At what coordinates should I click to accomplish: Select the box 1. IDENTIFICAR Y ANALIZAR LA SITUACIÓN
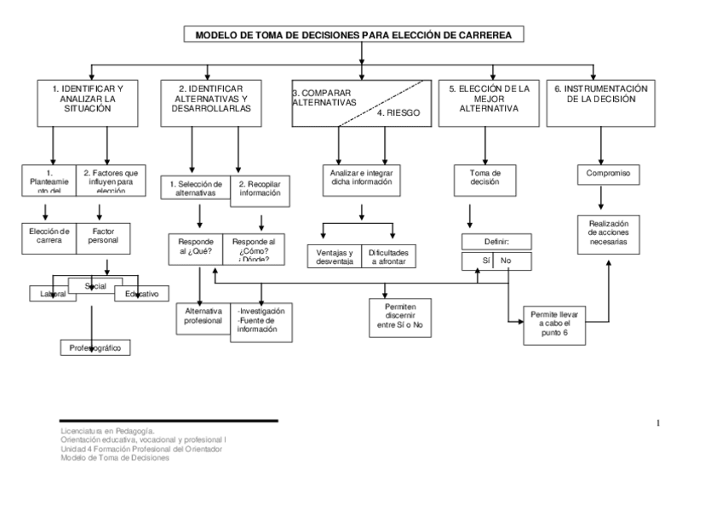(x=88, y=103)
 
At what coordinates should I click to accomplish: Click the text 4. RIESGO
(x=398, y=112)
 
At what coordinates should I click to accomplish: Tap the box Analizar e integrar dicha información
(x=362, y=178)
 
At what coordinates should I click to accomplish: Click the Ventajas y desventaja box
(x=334, y=257)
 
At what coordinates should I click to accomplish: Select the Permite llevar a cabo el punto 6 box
(x=553, y=324)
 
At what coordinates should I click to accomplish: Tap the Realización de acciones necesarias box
(x=608, y=232)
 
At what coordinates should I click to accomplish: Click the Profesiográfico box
(x=95, y=347)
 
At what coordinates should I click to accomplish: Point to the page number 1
(x=658, y=423)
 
